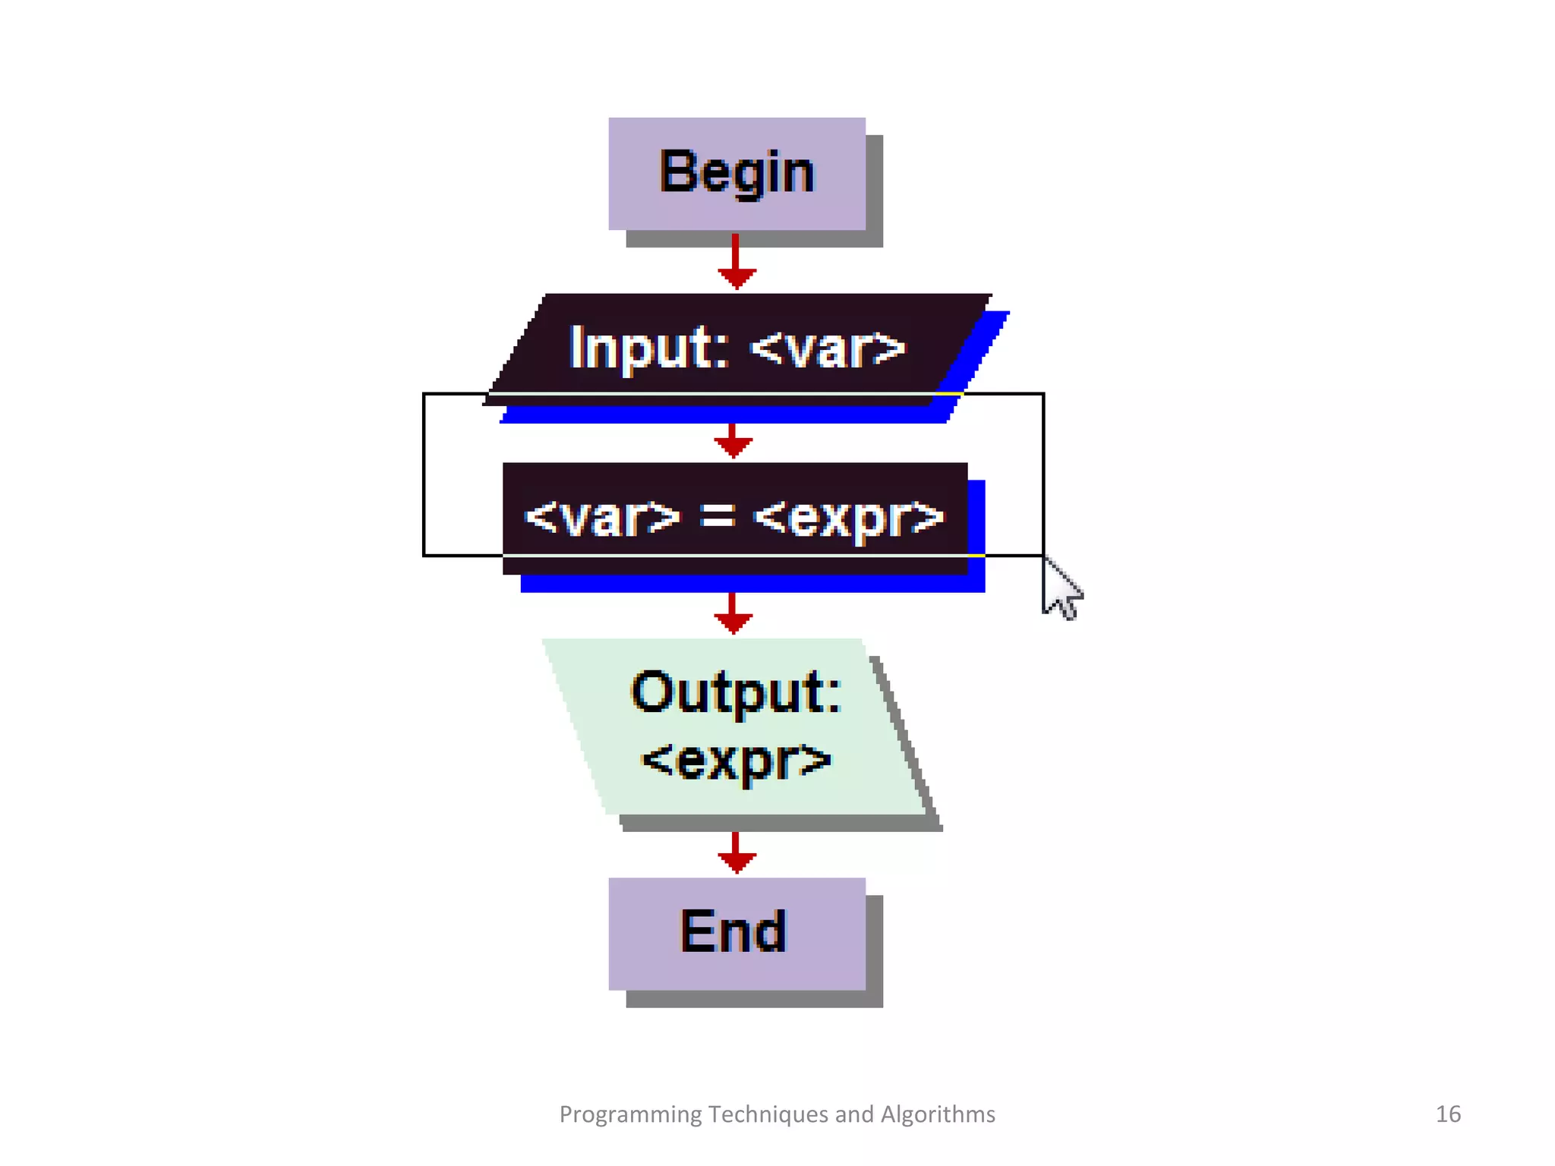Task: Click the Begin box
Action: click(736, 173)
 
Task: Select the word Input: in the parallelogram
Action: click(649, 348)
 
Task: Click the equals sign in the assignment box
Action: click(717, 516)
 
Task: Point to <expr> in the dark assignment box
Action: click(849, 518)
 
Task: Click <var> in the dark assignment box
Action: click(603, 518)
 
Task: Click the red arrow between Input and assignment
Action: click(733, 441)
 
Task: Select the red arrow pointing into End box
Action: click(736, 854)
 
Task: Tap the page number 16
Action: click(1448, 1114)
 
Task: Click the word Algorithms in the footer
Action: click(938, 1114)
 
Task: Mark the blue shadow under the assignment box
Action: click(752, 583)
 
